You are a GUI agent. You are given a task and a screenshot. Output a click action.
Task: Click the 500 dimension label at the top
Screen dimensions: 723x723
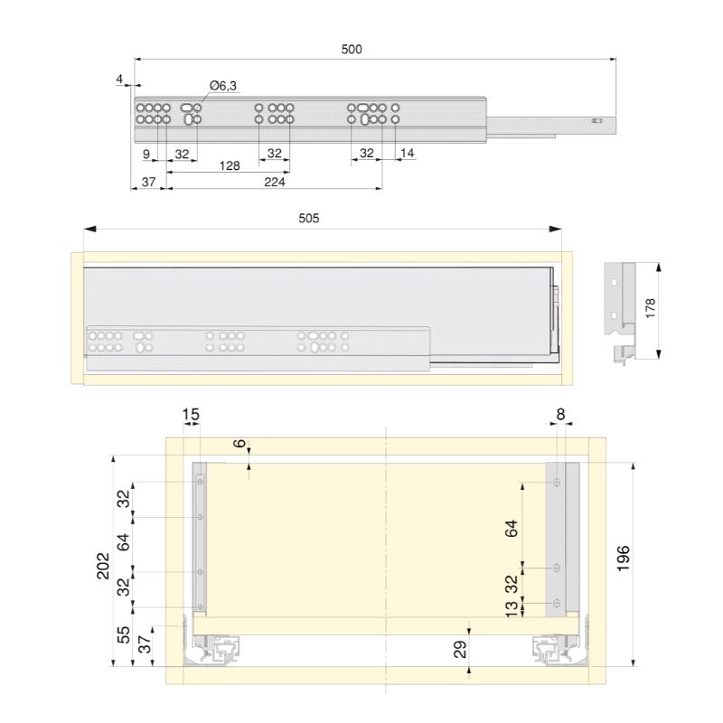click(352, 50)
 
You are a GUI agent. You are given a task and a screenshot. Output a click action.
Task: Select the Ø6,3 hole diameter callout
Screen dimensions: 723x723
click(223, 86)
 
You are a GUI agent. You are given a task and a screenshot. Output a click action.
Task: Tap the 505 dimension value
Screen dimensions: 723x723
click(308, 218)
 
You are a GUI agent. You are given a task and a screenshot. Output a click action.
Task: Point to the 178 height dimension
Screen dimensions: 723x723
click(650, 308)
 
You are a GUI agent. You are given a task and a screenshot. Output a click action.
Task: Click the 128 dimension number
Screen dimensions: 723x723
click(230, 165)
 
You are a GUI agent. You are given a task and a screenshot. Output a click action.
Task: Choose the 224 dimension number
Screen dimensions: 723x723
click(275, 183)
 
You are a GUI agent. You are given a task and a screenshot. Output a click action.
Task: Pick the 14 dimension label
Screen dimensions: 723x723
click(408, 153)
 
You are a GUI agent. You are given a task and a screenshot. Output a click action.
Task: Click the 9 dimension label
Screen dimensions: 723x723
click(146, 154)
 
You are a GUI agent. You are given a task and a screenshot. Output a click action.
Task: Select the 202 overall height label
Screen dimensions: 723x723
click(103, 566)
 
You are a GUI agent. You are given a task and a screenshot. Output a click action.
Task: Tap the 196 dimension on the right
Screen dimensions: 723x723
click(623, 559)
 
